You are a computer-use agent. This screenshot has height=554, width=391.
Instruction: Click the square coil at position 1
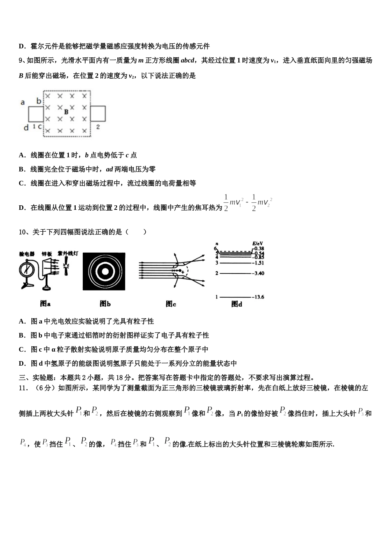click(36, 113)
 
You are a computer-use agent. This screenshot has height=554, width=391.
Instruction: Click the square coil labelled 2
click(98, 113)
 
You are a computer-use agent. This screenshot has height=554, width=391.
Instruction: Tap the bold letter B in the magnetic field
click(66, 112)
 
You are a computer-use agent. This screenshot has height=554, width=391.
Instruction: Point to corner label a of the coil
click(23, 102)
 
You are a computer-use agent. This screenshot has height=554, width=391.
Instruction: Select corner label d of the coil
click(26, 128)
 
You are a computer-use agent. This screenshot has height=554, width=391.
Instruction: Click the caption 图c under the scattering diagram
click(171, 304)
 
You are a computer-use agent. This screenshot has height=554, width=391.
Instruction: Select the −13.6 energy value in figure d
click(258, 297)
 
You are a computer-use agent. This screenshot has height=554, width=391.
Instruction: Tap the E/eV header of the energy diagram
click(258, 244)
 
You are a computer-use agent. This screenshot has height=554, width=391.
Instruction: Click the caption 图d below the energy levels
click(236, 304)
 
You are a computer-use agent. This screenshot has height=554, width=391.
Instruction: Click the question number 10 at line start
click(23, 232)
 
